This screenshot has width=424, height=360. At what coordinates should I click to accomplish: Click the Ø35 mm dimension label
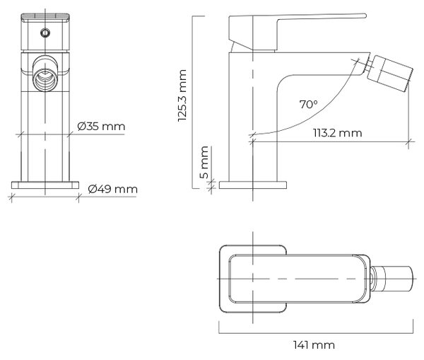[101, 127]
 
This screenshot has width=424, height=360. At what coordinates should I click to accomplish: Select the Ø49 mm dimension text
[113, 189]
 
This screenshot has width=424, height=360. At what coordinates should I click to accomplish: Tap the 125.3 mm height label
[182, 95]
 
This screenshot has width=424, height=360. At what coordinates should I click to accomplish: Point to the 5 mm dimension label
[204, 162]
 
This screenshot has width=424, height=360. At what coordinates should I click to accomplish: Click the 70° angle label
[309, 104]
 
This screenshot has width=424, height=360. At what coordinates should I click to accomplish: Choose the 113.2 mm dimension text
[338, 133]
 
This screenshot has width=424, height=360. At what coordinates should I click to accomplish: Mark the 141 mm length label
[314, 345]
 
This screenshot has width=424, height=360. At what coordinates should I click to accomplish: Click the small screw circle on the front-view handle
[45, 33]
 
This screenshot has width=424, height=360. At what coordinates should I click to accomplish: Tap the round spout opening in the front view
[45, 80]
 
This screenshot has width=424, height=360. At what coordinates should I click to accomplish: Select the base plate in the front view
[45, 185]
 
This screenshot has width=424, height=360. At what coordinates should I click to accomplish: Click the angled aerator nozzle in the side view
[389, 74]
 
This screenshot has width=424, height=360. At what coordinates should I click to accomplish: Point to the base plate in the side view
[253, 185]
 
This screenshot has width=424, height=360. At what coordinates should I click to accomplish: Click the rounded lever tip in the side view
[364, 16]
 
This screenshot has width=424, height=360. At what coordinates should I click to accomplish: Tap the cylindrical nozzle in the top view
[392, 279]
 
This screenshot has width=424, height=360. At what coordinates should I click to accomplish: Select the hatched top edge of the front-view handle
[45, 17]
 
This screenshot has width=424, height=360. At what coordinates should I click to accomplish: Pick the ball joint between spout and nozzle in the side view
[369, 66]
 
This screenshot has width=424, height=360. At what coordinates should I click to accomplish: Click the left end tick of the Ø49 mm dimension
[11, 197]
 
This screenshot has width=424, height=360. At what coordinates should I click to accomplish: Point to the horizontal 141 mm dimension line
[316, 333]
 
